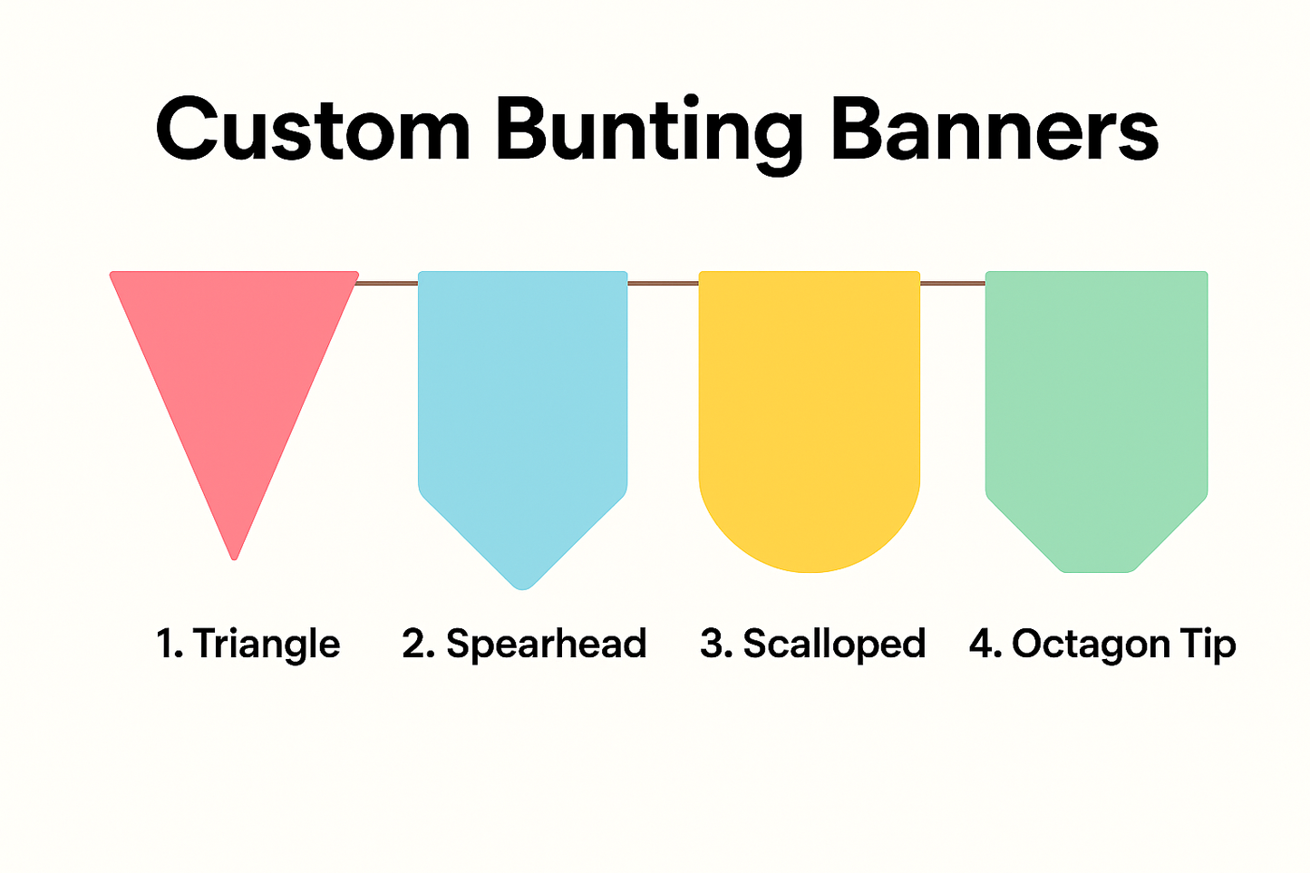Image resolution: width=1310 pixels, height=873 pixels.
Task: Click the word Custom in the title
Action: pos(313,130)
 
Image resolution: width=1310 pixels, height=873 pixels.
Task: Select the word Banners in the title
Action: pos(995,130)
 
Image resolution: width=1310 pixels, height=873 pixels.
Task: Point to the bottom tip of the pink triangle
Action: pos(234,559)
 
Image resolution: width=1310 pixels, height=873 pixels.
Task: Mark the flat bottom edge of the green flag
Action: pos(1097,571)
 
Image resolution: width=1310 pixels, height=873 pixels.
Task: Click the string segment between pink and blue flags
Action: pos(386,284)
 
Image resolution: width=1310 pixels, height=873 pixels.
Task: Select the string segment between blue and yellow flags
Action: pos(664,284)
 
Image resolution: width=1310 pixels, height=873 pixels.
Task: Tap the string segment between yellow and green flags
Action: pos(953,284)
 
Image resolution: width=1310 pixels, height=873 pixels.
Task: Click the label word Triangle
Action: pos(267,645)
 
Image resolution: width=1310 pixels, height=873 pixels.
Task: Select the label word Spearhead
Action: pos(547,645)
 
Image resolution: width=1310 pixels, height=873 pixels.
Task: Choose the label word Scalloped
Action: pos(835,645)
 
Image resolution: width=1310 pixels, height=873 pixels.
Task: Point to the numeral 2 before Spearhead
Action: pos(413,644)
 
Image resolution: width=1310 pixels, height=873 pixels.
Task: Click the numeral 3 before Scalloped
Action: pos(712,644)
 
